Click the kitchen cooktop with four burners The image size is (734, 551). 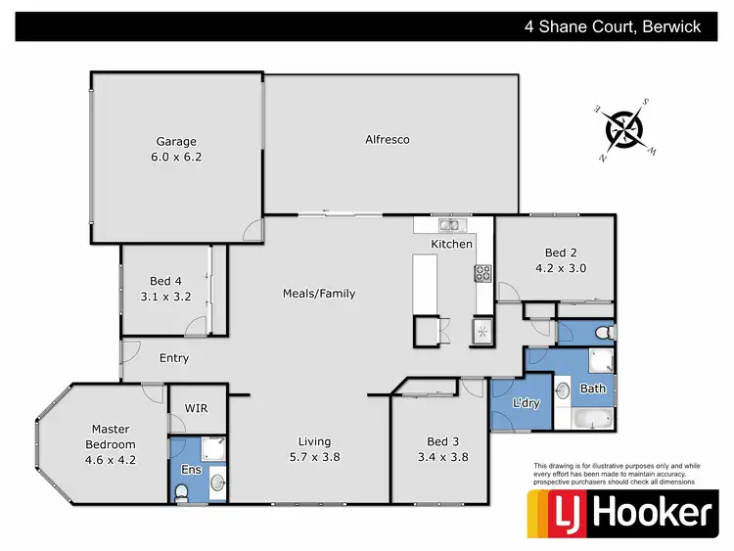point(482,273)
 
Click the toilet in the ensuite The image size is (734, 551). point(182,495)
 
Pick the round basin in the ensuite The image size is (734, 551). point(216,482)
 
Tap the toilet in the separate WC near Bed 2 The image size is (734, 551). point(605,333)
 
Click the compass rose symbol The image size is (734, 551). point(623,129)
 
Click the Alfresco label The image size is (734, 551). point(387,140)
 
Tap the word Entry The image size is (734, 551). point(174,358)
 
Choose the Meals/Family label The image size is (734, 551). point(319,294)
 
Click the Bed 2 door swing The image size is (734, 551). point(507,293)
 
